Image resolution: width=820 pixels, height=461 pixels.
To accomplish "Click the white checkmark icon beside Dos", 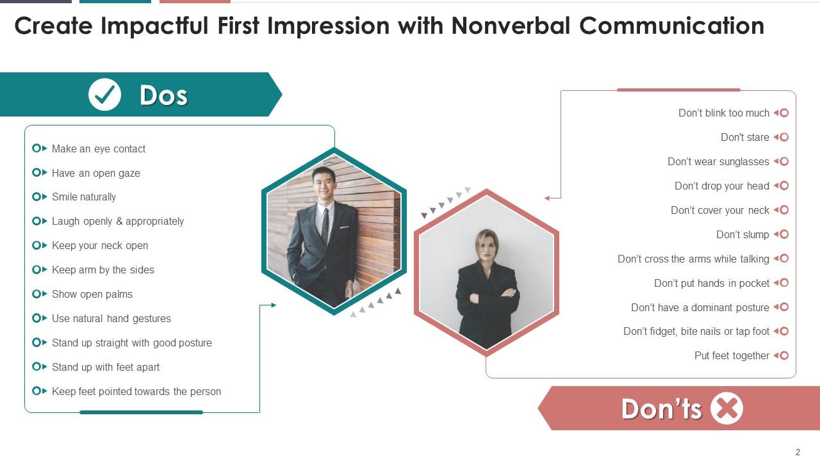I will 104,95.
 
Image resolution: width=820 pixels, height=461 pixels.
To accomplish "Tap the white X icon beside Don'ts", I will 726,408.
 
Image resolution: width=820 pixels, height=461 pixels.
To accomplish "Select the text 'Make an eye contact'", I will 99,149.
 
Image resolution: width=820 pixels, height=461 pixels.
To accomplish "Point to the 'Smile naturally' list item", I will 84,197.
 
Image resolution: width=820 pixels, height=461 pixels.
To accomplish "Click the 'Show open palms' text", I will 92,295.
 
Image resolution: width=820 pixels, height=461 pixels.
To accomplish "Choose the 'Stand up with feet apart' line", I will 106,367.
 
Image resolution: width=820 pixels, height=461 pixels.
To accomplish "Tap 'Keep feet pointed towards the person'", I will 136,391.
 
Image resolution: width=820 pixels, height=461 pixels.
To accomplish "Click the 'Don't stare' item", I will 744,137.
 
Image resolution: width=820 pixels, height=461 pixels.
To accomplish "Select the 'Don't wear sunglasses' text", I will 718,161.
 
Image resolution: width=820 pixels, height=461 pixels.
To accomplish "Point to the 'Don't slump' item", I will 742,234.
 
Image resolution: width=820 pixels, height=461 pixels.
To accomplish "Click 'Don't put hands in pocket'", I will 711,283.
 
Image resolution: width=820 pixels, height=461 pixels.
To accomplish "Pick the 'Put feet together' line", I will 732,355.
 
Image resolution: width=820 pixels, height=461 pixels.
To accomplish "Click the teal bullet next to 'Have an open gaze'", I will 37,173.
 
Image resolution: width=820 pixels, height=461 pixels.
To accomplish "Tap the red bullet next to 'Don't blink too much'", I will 783,113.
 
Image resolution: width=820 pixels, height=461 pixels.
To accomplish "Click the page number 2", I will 798,452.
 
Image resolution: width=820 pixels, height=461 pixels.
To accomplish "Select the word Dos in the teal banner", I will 163,95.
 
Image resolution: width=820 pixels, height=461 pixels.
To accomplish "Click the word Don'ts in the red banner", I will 661,408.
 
